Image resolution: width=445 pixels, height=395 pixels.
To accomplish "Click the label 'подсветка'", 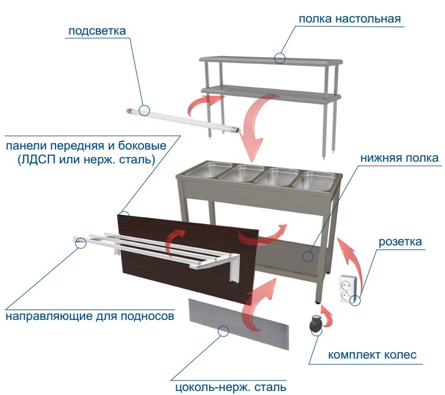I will pos(97,31).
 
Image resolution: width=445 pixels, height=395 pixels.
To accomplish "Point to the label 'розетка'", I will pos(400,241).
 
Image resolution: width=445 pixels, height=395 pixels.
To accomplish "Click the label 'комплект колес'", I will pos(372,355).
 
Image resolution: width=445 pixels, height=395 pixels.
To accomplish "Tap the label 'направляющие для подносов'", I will pos(90,316).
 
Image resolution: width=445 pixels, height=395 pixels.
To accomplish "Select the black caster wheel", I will pos(316,325).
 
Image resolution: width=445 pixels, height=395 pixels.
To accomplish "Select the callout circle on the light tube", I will pos(144,110).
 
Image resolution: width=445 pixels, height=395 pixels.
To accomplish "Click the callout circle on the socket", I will pos(355,300).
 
